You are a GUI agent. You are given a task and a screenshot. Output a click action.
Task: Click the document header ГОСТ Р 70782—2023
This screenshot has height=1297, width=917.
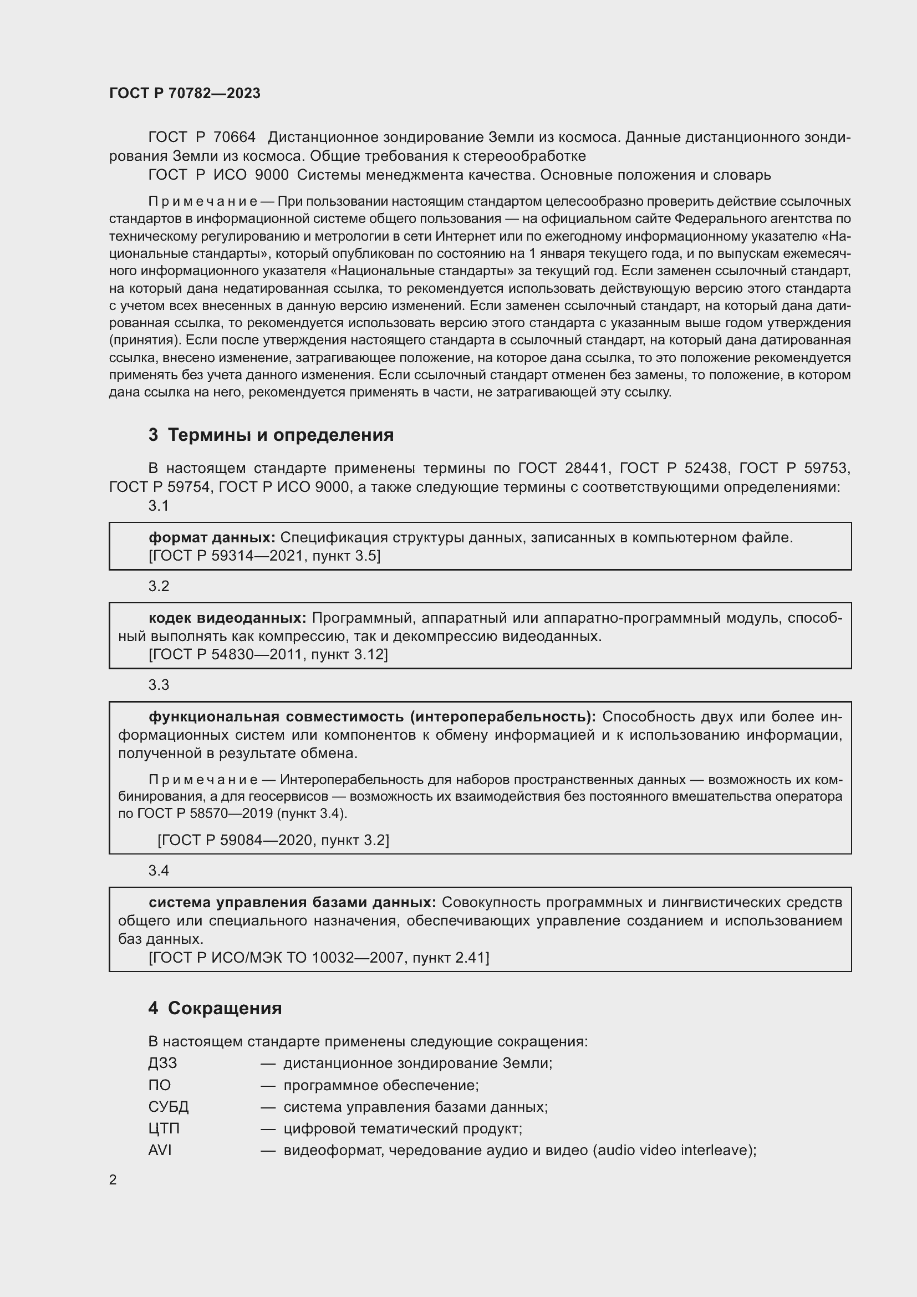pos(185,93)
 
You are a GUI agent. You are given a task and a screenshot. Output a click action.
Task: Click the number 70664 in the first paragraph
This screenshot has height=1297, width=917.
pos(235,138)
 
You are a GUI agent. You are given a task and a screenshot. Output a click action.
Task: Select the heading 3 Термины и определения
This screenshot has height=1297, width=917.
pos(271,434)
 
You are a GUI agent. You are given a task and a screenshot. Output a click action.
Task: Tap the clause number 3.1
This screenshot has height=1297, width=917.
pos(159,506)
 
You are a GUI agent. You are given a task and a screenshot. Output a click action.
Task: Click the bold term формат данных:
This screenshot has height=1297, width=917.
pos(212,537)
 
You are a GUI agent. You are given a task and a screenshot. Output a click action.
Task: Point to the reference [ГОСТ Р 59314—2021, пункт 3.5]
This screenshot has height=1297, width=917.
pos(264,556)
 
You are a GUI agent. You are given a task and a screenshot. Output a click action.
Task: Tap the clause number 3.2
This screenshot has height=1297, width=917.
pos(159,586)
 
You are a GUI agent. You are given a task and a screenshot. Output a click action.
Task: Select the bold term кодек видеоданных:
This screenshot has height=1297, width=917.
pos(227,618)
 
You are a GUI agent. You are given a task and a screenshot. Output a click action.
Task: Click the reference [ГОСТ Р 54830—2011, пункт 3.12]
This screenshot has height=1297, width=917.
pos(268,654)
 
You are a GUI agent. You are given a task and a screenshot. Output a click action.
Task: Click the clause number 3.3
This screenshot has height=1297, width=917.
pos(159,685)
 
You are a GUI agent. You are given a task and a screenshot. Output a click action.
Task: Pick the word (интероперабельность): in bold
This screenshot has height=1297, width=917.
pos(502,716)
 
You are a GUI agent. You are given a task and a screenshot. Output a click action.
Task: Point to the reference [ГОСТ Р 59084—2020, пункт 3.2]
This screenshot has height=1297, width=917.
pos(273,840)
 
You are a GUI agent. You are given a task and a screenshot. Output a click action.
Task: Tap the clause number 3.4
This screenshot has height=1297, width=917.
pos(159,871)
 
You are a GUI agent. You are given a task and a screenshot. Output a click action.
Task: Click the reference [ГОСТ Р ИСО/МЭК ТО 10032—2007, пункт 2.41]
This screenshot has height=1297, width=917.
pos(318,958)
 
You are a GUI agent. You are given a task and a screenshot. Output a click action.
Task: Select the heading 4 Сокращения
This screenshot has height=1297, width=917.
pos(215,1008)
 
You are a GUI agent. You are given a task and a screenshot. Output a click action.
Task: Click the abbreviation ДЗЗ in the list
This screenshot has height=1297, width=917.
pos(162,1063)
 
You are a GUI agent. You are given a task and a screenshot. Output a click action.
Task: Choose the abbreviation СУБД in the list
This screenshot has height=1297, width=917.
pos(169,1107)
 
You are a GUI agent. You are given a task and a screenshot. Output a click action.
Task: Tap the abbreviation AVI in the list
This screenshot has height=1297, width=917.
pos(160,1150)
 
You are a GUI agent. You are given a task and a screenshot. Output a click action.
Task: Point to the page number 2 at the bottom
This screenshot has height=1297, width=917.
pos(113,1179)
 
